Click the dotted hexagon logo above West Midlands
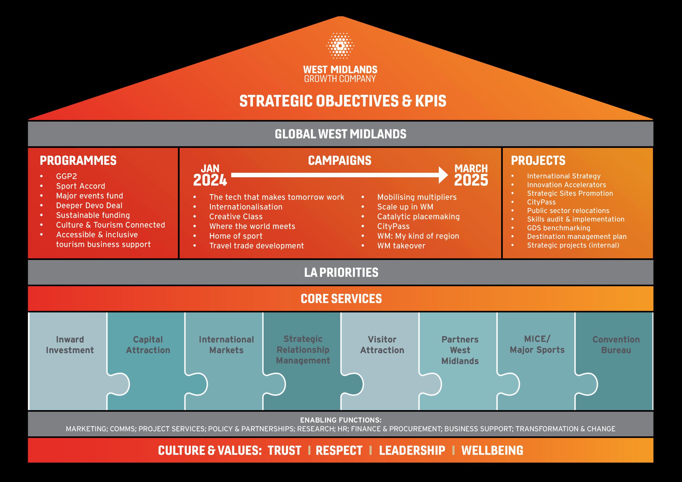(x=340, y=45)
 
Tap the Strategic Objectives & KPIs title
(x=342, y=101)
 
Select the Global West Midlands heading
(x=340, y=134)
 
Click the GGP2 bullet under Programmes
(x=67, y=176)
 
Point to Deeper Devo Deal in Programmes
(x=89, y=205)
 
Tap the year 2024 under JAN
(x=210, y=180)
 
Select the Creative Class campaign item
(x=236, y=217)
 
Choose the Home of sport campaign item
(x=236, y=236)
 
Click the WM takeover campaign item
(x=401, y=246)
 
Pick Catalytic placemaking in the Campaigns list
(x=418, y=217)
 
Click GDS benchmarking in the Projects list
(x=558, y=228)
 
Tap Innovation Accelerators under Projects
(x=566, y=185)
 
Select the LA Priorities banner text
(x=341, y=273)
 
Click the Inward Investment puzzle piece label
(x=70, y=345)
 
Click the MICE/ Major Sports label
(x=537, y=345)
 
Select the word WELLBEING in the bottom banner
(x=492, y=450)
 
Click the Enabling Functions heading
(x=340, y=420)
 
